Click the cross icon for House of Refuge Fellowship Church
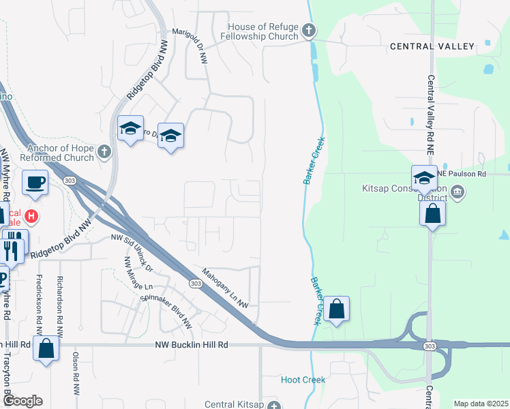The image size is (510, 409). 309,30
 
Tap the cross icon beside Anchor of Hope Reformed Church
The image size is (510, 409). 104,151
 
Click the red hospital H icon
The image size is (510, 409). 31,217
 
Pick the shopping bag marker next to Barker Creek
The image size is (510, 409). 336,309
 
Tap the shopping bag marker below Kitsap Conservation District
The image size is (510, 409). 433,213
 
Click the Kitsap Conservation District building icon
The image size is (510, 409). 458,192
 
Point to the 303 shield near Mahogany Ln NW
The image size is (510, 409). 196,283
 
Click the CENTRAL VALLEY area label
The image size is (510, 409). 432,46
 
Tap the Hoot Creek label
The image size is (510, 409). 303,380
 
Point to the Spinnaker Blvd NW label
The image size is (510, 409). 167,306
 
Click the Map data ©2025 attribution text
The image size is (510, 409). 480,404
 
